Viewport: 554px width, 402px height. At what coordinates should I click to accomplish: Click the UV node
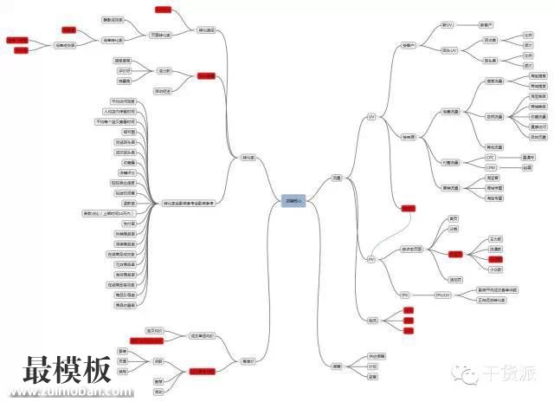click(371, 115)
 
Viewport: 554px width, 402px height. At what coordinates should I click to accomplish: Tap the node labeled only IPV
click(404, 295)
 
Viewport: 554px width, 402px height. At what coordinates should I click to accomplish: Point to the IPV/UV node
click(442, 295)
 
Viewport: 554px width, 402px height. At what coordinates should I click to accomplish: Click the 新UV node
click(448, 25)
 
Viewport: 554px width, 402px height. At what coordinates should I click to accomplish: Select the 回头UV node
click(449, 51)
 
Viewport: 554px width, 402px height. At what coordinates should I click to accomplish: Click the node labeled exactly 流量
click(337, 178)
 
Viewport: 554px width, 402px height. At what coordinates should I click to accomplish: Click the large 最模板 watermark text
click(68, 371)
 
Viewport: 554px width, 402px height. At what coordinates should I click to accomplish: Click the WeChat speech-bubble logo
click(470, 373)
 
